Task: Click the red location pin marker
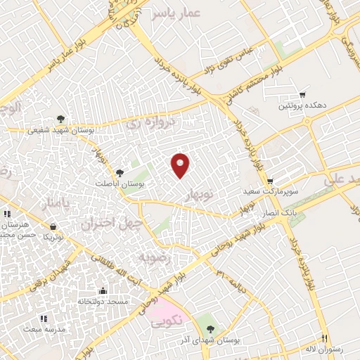pos(181,165)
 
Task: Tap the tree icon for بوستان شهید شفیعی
pos(61,120)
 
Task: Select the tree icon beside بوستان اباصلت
pos(120,172)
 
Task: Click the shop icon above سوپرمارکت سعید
pos(269,181)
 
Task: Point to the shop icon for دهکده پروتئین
pos(303,94)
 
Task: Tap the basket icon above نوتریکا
pos(53,226)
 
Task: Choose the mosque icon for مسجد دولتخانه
pos(103,291)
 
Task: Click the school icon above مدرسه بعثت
pos(44,319)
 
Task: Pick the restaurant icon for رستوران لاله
pos(324,337)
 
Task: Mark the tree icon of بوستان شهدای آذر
pos(211,329)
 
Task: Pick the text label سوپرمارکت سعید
pos(275,191)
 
